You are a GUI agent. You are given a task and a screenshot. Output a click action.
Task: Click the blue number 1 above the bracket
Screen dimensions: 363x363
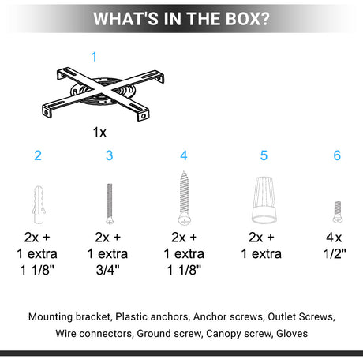coord(94,57)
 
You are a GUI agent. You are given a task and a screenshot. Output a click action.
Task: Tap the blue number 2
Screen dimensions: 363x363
coord(38,155)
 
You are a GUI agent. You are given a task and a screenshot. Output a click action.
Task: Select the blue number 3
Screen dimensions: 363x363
coord(110,155)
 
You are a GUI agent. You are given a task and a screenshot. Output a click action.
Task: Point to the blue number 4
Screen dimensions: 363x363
coord(184,155)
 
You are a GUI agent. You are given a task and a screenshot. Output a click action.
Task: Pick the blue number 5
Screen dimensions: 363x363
coord(264,155)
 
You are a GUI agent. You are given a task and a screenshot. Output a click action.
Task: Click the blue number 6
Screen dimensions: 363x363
coord(337,155)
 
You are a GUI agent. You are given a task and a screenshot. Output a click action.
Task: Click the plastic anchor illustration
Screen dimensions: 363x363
coord(39,204)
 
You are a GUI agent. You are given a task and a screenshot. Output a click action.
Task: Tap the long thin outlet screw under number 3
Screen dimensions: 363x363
coord(110,204)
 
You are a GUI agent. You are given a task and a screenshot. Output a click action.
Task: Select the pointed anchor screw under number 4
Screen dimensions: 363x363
coord(184,198)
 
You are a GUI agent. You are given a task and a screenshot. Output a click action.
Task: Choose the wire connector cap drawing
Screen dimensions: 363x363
coord(264,200)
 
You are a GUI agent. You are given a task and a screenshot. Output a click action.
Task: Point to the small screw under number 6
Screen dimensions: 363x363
coord(338,212)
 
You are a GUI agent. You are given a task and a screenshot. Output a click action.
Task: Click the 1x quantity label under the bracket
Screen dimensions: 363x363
coord(99,132)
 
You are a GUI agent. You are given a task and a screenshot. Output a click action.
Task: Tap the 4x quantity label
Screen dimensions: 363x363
coord(334,238)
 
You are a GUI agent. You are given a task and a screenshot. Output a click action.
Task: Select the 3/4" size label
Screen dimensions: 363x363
coord(108,270)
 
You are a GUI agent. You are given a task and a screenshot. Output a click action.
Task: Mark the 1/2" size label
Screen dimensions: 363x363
coord(335,253)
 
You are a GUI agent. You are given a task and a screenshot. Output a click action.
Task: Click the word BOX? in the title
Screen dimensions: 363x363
coord(248,19)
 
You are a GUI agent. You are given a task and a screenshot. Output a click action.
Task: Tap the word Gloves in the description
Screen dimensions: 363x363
coord(292,334)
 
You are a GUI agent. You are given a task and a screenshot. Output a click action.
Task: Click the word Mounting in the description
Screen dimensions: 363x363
coord(51,317)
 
